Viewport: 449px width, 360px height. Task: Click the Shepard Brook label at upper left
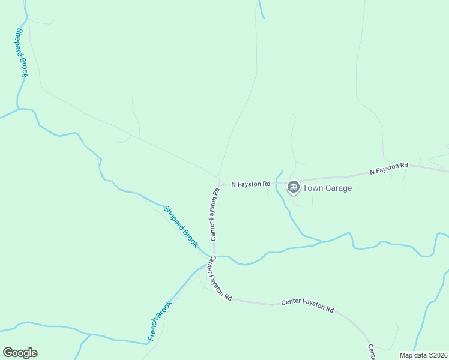[x=22, y=53]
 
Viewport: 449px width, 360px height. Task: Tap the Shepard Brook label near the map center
[x=181, y=226]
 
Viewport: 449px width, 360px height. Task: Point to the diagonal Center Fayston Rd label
[x=220, y=277]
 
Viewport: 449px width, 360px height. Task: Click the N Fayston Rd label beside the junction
[x=251, y=184]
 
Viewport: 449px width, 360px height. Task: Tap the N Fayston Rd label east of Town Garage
[x=388, y=169]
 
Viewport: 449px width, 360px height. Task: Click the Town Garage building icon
[x=294, y=188]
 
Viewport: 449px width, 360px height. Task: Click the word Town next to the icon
[x=312, y=188]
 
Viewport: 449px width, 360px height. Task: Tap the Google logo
[x=20, y=353]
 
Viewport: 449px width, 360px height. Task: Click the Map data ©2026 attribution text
[x=423, y=355]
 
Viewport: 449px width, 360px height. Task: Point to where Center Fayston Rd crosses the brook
[x=214, y=256]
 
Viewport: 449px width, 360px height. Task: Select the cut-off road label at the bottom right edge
[x=372, y=352]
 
